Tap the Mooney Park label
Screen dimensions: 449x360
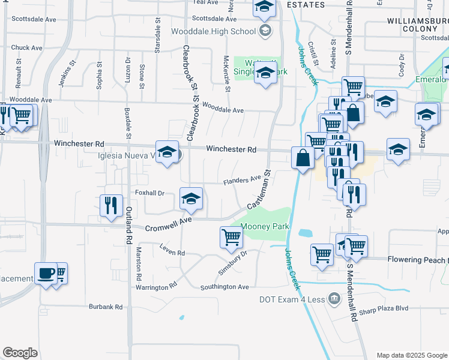coord(265,227)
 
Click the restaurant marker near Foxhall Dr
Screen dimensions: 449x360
coord(110,206)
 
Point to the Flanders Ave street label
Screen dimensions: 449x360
coord(243,179)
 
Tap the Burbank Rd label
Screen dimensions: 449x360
coord(106,307)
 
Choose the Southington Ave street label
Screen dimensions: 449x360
coord(224,287)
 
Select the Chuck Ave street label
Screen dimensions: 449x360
coord(26,47)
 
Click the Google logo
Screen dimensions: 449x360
coord(20,353)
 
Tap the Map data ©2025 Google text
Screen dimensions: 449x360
coord(411,355)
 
